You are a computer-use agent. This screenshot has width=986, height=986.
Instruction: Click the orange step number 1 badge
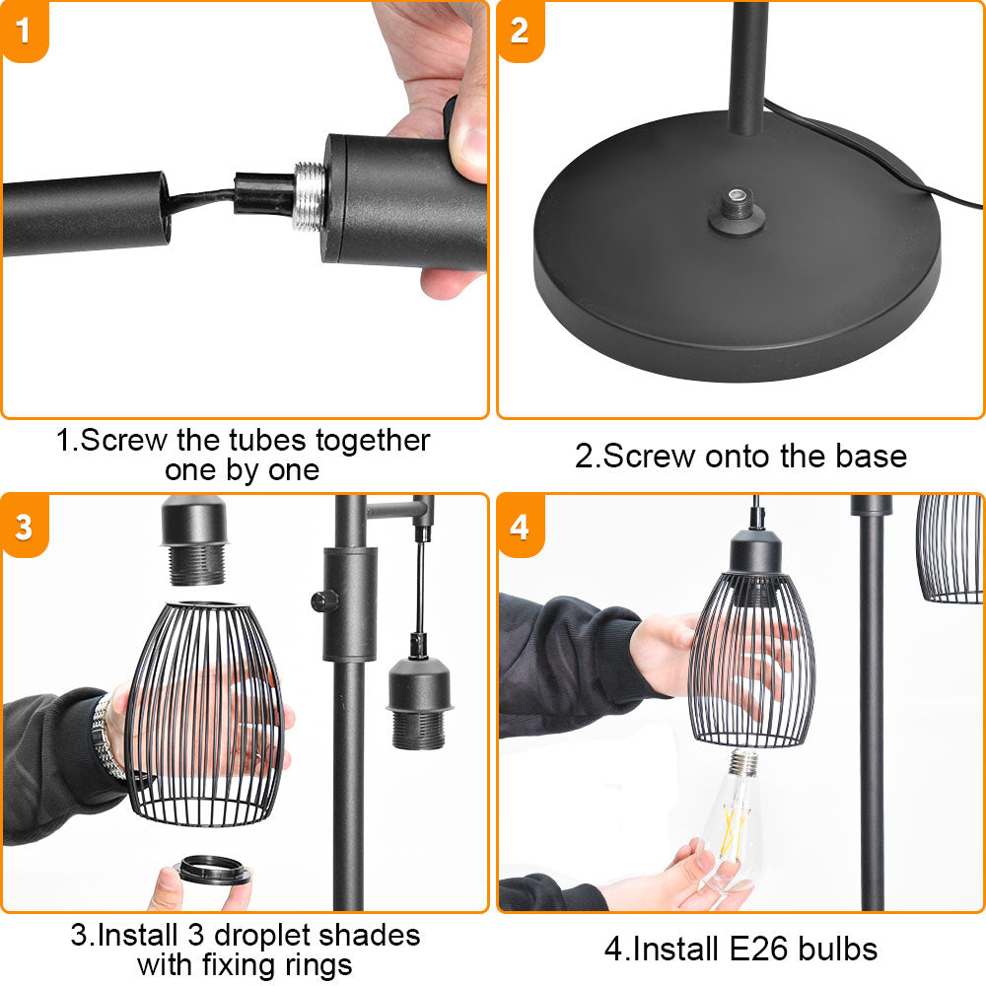[24, 31]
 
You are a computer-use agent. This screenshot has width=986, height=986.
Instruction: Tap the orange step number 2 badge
[520, 31]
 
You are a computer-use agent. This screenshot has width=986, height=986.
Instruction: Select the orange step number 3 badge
[24, 526]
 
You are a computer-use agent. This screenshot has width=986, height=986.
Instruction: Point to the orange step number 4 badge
[520, 526]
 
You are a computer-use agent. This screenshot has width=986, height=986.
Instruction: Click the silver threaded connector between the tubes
[310, 195]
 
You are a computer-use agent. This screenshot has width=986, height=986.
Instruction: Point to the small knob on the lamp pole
[322, 601]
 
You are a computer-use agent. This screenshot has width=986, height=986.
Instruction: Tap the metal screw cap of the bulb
[742, 762]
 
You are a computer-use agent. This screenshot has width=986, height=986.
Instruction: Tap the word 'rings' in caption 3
[318, 965]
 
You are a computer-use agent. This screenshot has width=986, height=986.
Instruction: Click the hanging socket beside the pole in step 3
[418, 704]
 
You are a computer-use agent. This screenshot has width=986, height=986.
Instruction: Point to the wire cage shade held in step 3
[205, 714]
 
